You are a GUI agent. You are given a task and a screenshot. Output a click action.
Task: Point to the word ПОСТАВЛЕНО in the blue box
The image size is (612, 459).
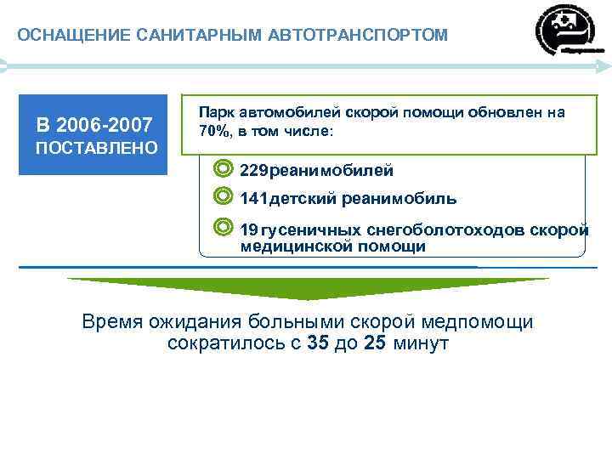point(95,149)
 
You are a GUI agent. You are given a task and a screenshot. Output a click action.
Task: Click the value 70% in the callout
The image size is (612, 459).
point(213,132)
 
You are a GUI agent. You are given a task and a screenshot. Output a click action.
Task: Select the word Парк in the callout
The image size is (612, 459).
point(216,112)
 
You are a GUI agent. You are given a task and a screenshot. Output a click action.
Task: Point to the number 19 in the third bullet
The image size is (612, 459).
point(249,230)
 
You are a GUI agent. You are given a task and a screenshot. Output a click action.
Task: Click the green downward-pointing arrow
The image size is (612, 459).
point(308,288)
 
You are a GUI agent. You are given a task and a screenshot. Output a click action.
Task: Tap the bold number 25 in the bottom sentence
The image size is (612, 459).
point(375,344)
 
